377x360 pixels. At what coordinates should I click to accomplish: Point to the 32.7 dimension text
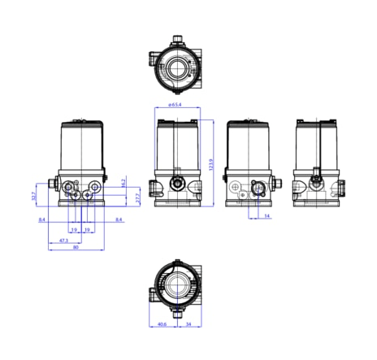tap(34, 196)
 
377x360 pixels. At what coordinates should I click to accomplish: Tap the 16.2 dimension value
tap(123, 183)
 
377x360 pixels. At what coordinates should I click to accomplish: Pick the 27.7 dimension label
tap(138, 197)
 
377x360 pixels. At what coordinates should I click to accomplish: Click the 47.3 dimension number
tap(63, 241)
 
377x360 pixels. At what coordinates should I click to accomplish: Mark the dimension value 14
tap(266, 217)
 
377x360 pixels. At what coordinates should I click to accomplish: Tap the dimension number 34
tap(188, 325)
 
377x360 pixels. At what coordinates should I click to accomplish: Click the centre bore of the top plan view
tap(177, 68)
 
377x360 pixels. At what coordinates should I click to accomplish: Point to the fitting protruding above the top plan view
tap(178, 38)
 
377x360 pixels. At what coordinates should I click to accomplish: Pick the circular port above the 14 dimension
tap(259, 189)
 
